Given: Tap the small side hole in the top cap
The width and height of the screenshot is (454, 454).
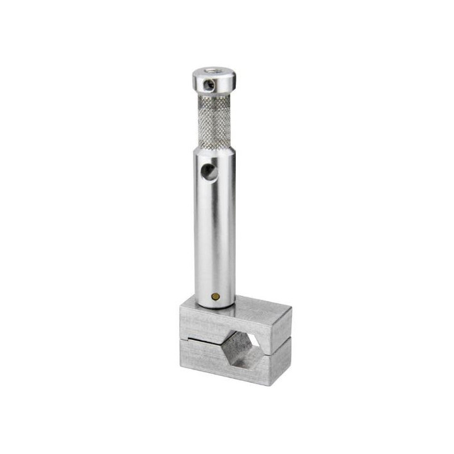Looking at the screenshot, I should pos(210,82).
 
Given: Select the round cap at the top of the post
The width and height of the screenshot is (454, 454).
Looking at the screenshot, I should pos(215,79).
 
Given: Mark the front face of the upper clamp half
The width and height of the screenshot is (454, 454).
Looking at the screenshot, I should pos(202,327).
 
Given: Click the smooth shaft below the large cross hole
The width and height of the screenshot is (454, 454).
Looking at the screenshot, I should pos(214,240).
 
